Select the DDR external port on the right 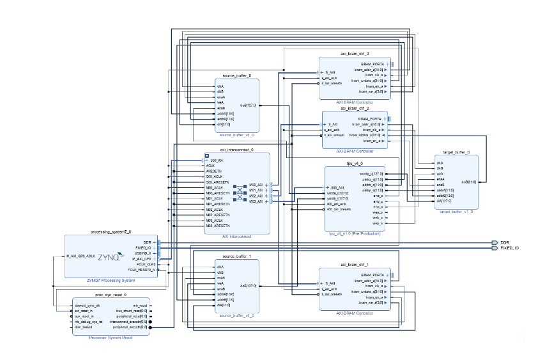click(504, 242)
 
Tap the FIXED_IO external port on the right click(508, 248)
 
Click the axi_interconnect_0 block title click(236, 150)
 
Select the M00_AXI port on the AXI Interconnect click(256, 184)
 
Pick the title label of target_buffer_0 click(456, 153)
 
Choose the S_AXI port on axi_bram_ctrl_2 click(332, 125)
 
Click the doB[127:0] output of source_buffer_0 click(249, 105)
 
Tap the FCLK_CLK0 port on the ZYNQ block click(146, 264)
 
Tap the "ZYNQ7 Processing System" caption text click(111, 280)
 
